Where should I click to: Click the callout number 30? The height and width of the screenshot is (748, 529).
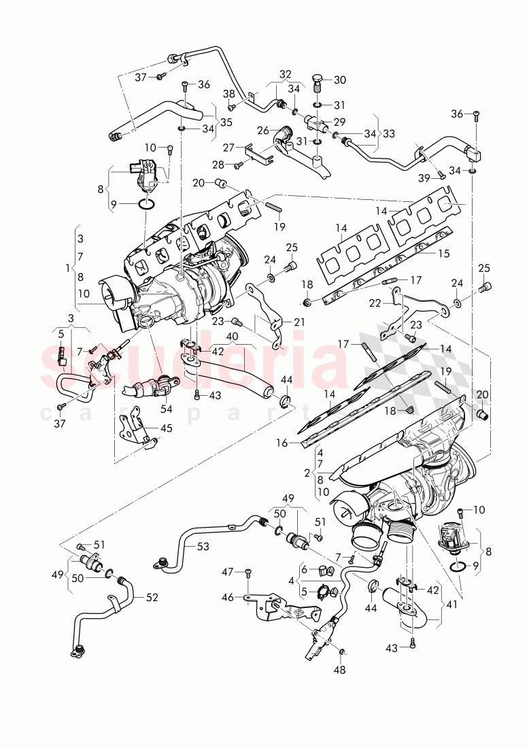[339, 80]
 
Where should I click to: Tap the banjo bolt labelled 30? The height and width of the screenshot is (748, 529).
[318, 81]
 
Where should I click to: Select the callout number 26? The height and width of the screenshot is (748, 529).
[262, 131]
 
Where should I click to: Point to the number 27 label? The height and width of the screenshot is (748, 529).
[229, 146]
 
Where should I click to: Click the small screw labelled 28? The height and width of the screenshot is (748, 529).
[239, 165]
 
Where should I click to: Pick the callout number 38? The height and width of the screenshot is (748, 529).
[230, 95]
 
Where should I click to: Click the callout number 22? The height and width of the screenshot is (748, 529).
[375, 303]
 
